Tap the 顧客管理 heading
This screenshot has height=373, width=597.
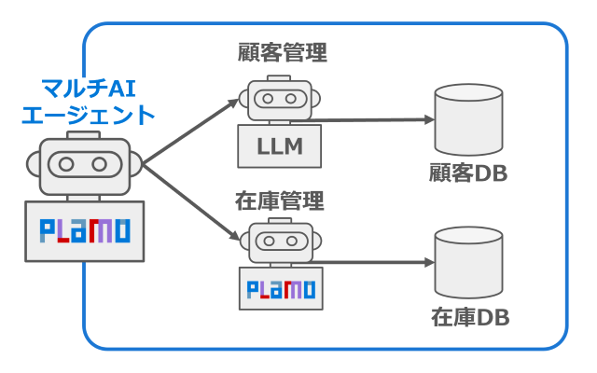[x=283, y=52]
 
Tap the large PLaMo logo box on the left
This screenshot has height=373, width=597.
[x=85, y=230]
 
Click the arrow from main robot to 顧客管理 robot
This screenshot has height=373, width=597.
[x=191, y=131]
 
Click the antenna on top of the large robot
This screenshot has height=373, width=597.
[x=84, y=136]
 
